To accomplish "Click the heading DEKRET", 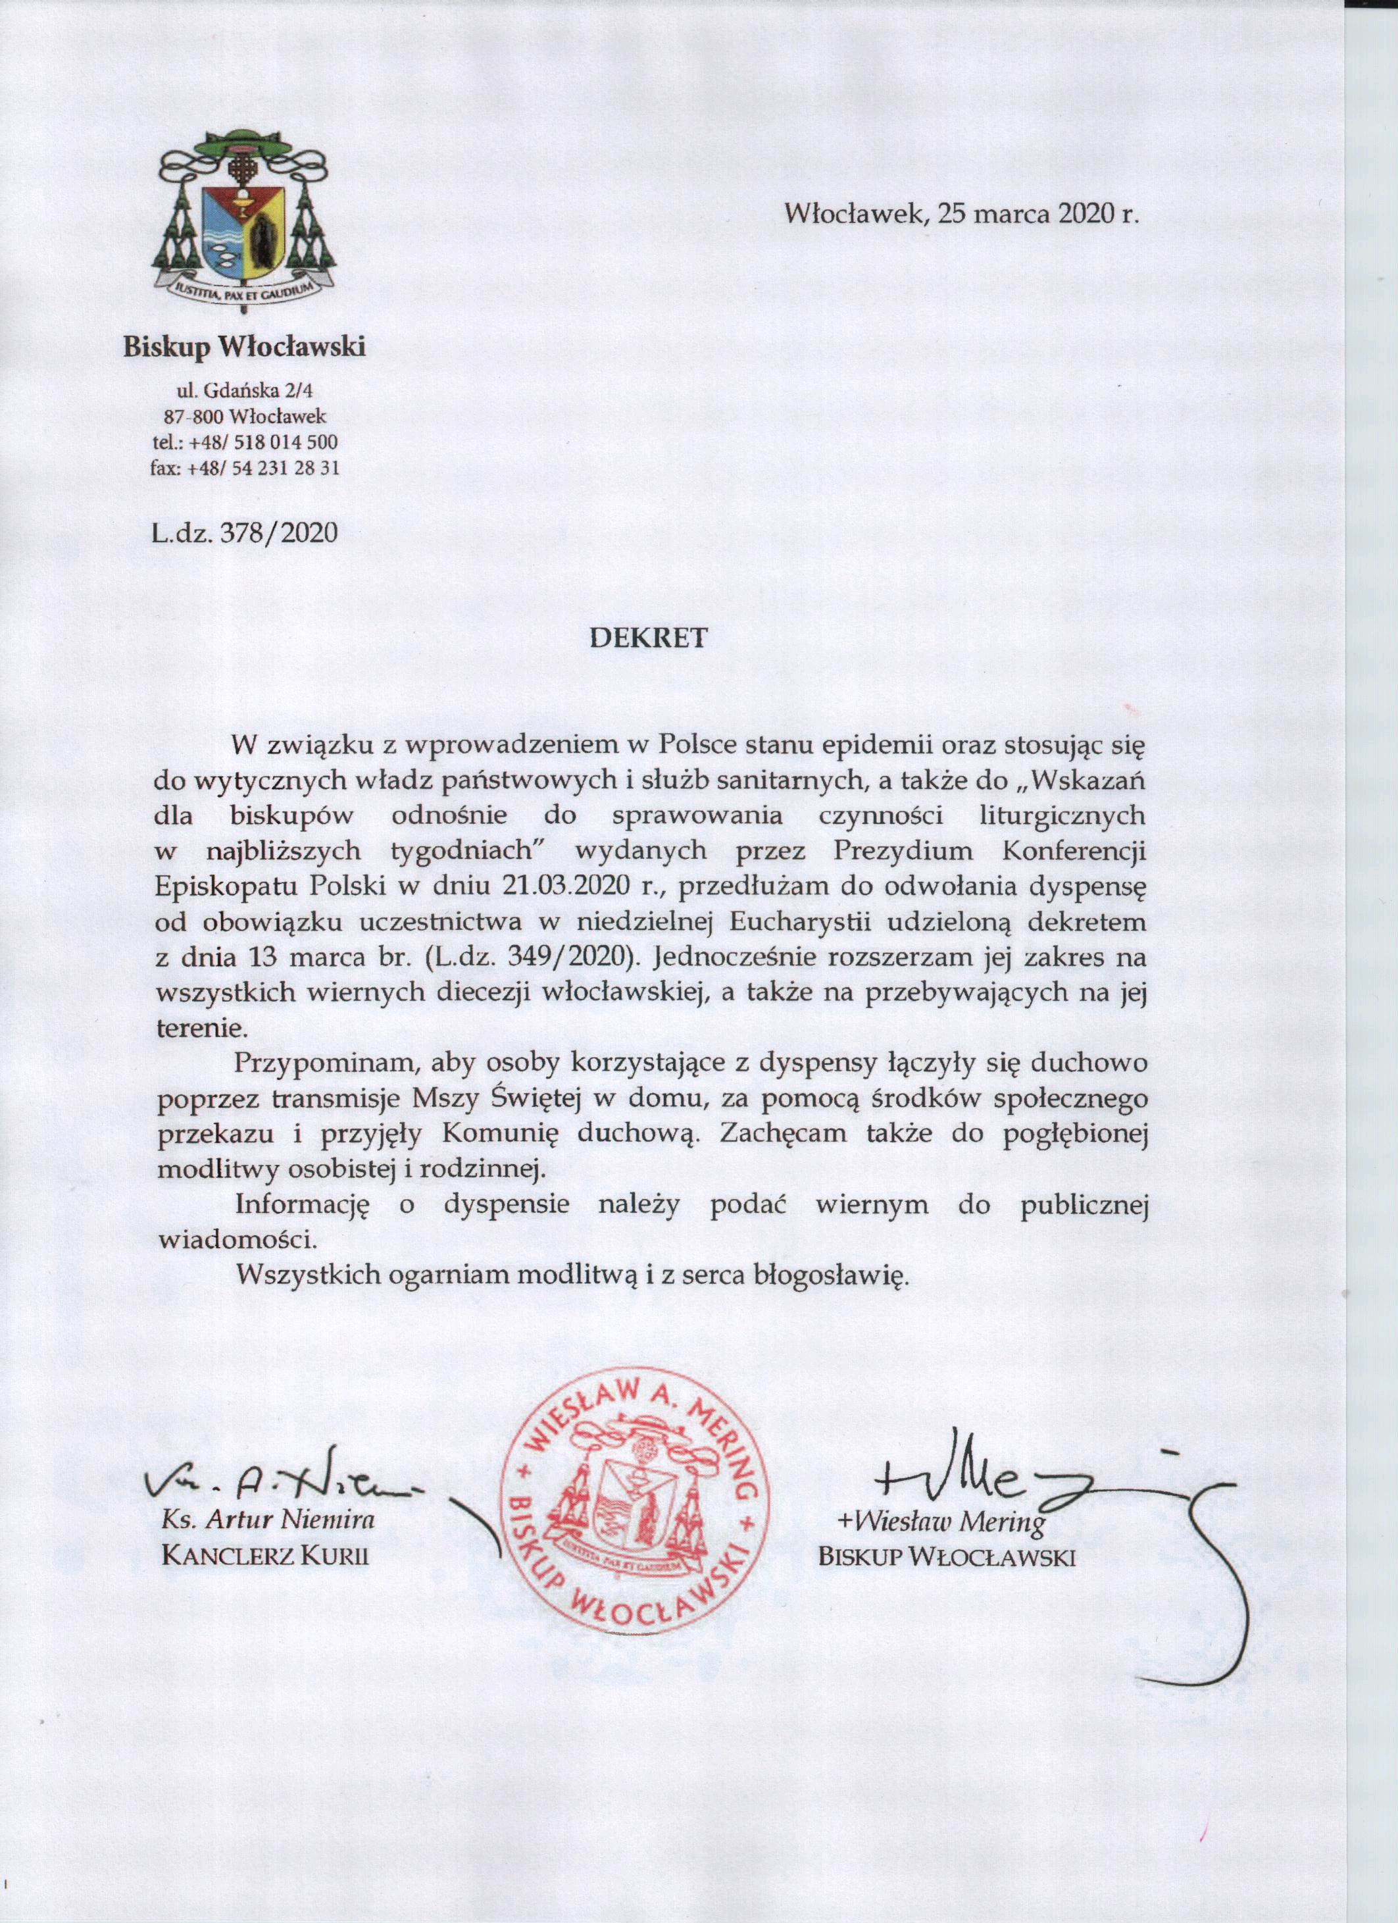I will [x=648, y=638].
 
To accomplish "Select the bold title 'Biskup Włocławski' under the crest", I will [x=245, y=347].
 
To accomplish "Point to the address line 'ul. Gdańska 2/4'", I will [x=244, y=391].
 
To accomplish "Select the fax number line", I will [x=245, y=467].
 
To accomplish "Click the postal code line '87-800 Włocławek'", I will [x=245, y=417].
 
